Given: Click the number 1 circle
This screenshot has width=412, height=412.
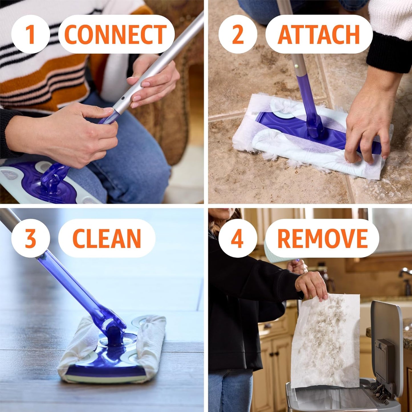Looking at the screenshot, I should (31, 34).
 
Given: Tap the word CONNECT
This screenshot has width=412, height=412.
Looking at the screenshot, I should (116, 34).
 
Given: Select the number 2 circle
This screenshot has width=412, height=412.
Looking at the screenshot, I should (238, 34).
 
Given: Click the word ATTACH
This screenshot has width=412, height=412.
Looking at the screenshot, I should (318, 34).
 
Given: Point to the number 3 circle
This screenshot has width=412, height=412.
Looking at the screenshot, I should (31, 238).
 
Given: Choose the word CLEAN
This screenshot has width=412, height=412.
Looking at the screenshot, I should (107, 238).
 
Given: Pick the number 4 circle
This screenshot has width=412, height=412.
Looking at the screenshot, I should (238, 238).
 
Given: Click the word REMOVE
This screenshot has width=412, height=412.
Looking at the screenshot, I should (322, 238).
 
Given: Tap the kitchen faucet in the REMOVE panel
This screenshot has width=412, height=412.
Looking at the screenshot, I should (405, 274).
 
